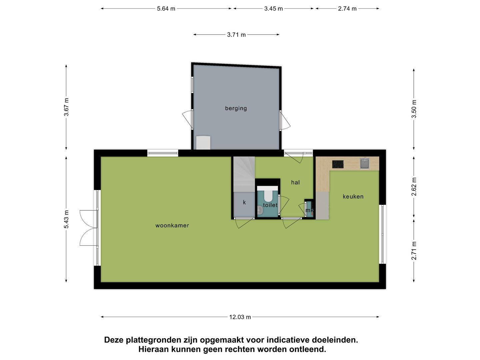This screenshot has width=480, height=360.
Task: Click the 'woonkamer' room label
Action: (172, 226)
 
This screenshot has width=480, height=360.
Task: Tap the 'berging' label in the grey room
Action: (236, 108)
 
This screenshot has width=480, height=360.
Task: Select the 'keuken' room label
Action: (353, 197)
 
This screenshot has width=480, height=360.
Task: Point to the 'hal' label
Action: (295, 182)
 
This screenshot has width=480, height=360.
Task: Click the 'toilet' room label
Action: (270, 205)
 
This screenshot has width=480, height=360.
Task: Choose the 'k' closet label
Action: (244, 202)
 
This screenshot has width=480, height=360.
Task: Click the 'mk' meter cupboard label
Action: (309, 210)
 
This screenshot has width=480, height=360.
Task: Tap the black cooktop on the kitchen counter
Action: (338, 164)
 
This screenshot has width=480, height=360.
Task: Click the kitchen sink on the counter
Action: (365, 164)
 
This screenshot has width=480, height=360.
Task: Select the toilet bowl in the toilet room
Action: (268, 195)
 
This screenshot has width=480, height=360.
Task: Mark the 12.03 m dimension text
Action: (240, 317)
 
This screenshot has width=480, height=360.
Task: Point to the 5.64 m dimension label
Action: (166, 9)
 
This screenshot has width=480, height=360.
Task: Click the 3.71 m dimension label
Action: (236, 35)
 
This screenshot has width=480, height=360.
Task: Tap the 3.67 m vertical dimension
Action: (66, 107)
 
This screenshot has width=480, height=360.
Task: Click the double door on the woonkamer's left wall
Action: (89, 228)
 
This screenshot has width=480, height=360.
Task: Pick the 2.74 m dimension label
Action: (347, 9)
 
